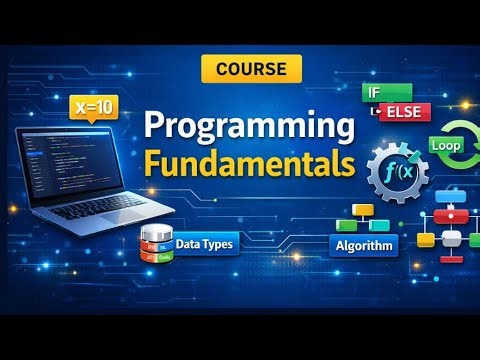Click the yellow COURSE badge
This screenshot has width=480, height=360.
(x=251, y=69)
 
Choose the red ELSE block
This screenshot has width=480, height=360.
(x=404, y=112)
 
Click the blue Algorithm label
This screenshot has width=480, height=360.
(x=363, y=245)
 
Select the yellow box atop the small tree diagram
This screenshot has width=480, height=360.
(x=363, y=211)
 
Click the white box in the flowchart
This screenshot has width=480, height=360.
(x=453, y=239)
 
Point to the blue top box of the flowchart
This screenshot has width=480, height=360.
(x=448, y=191)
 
